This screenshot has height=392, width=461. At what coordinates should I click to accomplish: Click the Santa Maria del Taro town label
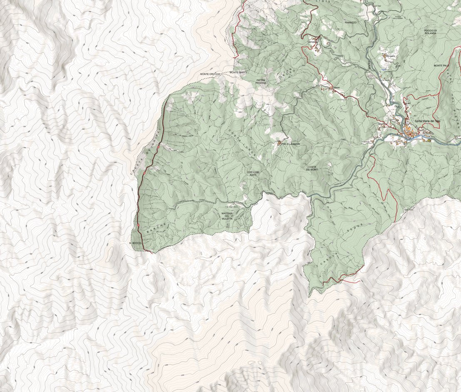click(x=427, y=121)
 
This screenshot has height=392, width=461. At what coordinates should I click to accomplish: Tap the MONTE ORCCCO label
click(x=209, y=74)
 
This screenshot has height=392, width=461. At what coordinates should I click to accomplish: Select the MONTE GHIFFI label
click(x=239, y=72)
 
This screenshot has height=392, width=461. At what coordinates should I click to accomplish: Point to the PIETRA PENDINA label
click(x=261, y=81)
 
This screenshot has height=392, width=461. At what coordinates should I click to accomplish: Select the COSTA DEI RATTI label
click(x=253, y=174)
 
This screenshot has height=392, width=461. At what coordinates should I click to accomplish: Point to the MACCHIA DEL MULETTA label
click(x=227, y=216)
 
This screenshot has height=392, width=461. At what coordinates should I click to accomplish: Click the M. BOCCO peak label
click(x=135, y=242)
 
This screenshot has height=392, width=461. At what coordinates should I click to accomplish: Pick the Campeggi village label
click(x=313, y=42)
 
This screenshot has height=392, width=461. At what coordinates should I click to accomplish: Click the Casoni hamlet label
click(x=336, y=87)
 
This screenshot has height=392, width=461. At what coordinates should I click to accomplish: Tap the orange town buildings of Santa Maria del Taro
click(x=412, y=134)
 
